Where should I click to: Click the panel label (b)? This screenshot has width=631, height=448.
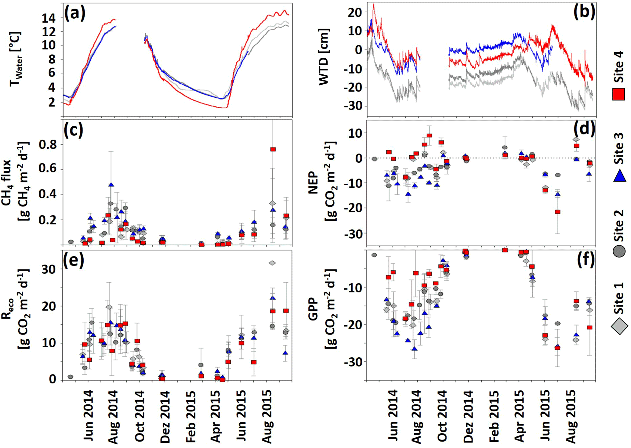pos(584,13)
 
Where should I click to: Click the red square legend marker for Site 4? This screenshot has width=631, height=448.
pos(618,94)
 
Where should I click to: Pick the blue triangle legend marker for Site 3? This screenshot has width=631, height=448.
pos(619,176)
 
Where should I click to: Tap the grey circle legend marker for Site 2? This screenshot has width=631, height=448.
pos(619,251)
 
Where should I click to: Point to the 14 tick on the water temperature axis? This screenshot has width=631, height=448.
pos(49,18)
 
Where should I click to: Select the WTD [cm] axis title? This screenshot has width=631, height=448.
pos(324,57)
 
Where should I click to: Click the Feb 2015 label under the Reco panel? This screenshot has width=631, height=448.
pos(190,417)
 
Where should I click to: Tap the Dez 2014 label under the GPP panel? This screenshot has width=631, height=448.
pos(468,417)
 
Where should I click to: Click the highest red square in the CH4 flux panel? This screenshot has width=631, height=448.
pos(273,149)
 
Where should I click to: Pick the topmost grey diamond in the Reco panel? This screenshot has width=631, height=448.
pos(272,263)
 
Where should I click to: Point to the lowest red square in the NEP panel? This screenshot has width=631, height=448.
pos(558,212)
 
